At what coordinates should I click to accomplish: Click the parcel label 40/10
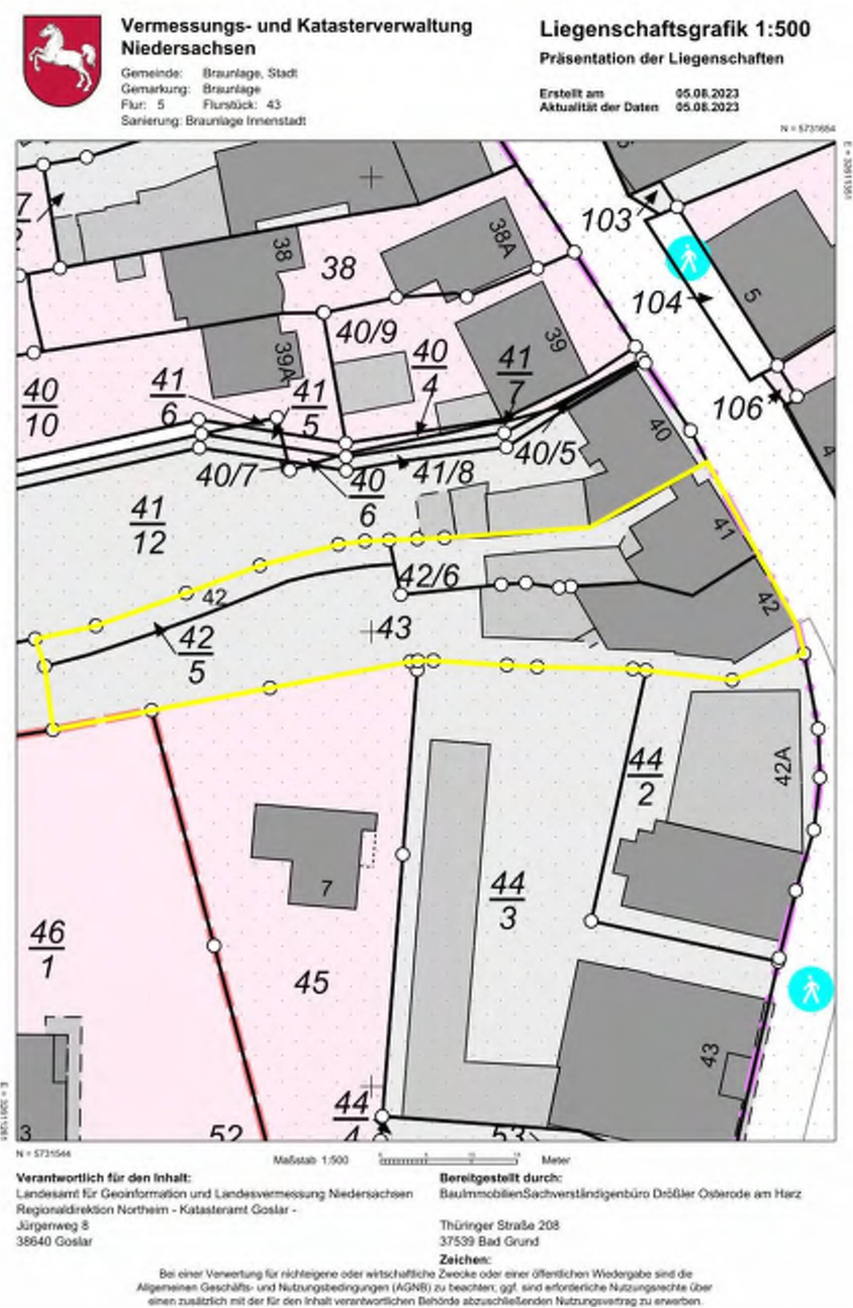click(41, 409)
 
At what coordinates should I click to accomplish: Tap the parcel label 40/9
click(366, 332)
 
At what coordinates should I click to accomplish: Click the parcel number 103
click(606, 221)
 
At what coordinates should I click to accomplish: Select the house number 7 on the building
click(326, 888)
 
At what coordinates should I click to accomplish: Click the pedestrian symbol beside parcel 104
click(689, 258)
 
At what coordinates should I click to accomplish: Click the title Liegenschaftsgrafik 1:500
click(674, 30)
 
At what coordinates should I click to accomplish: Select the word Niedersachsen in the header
click(188, 48)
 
